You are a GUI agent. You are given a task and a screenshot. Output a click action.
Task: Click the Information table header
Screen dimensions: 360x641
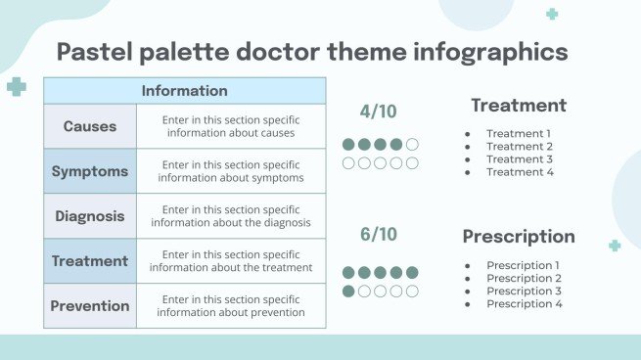(184, 91)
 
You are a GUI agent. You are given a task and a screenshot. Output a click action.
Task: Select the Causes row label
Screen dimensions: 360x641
(90, 126)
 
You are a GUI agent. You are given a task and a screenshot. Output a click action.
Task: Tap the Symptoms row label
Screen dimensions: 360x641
(90, 171)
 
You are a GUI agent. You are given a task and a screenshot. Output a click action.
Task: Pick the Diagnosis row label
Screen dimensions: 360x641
(90, 216)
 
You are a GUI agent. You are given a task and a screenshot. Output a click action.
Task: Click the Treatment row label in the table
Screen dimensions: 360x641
(90, 261)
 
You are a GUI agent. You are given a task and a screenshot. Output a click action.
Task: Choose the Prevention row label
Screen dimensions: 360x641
(90, 305)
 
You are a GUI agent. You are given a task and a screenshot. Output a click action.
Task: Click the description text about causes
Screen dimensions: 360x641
(231, 126)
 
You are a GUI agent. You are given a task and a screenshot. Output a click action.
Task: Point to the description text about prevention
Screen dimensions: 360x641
(231, 306)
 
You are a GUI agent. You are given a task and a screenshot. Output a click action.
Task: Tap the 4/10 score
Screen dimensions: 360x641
(379, 112)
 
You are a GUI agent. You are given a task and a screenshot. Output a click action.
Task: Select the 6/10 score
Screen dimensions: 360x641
(379, 234)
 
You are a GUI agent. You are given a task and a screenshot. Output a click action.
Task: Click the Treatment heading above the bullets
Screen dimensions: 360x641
(519, 106)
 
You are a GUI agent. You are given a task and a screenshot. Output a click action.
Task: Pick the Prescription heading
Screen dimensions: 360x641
(519, 237)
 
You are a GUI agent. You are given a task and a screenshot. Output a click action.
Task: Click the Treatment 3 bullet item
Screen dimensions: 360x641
(520, 159)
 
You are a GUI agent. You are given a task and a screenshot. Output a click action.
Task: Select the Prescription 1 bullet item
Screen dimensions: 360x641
(524, 265)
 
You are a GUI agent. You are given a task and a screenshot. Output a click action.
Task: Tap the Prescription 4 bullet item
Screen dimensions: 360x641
(524, 304)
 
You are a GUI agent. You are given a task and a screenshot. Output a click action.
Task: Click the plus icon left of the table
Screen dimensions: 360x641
(17, 87)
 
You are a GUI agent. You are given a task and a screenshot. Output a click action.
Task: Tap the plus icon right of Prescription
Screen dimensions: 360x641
(615, 246)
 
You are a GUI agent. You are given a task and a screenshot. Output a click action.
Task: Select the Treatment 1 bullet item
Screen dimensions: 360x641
(520, 134)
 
